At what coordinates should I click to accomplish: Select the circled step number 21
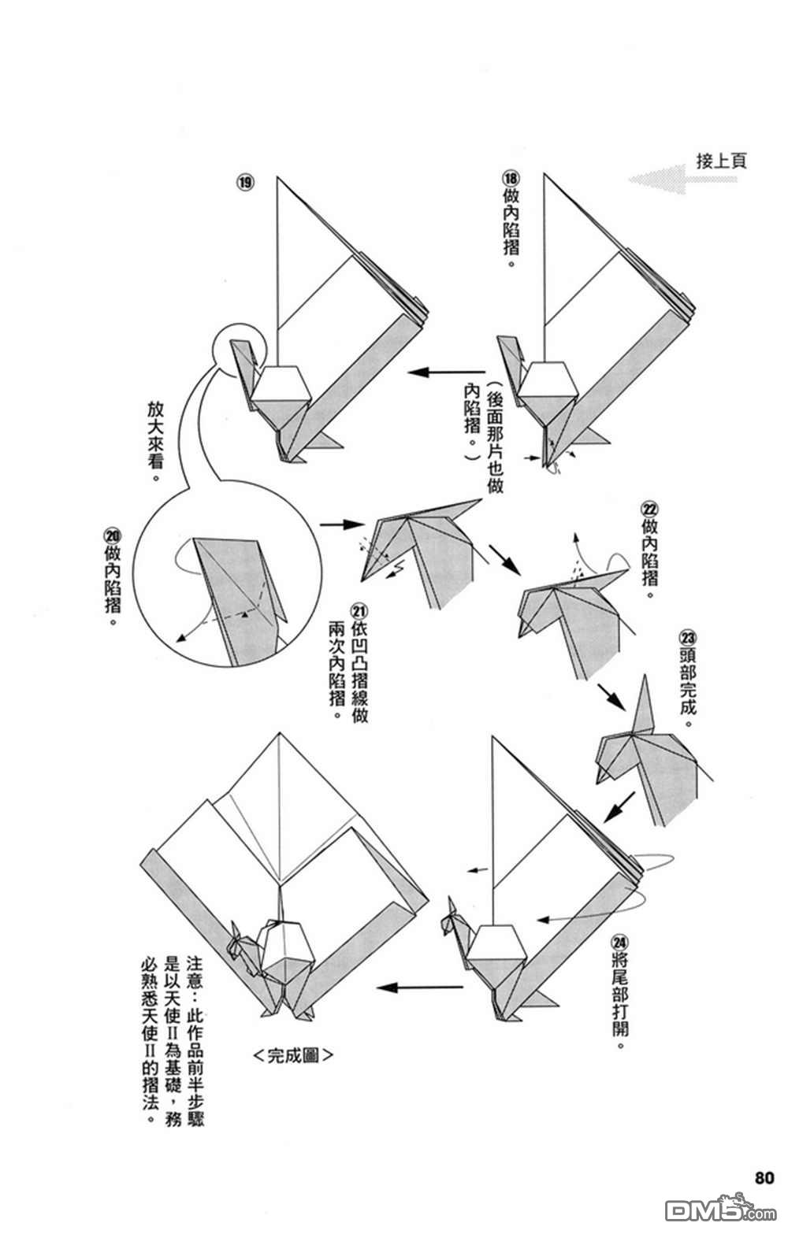coord(360,610)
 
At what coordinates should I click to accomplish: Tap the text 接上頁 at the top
coord(720,161)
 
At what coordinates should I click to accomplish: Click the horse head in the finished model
coord(239,942)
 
